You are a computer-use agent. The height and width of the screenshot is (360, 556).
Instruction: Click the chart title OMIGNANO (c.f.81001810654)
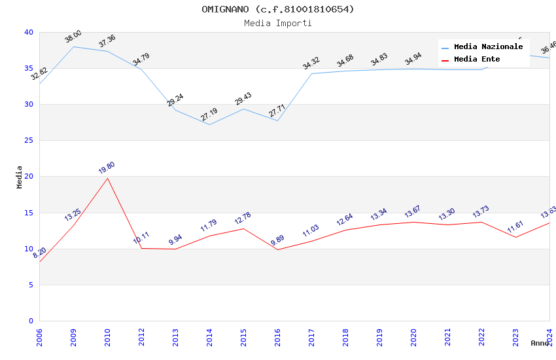[x=278, y=9]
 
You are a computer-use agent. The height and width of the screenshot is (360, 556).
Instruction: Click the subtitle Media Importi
[x=278, y=23]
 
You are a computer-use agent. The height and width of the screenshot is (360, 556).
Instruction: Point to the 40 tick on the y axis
[x=28, y=32]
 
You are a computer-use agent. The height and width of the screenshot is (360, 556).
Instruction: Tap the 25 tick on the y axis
[x=28, y=141]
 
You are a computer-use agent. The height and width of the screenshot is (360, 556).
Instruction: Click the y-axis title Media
[x=20, y=177]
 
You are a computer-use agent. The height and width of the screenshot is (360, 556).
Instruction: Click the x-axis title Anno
[x=540, y=343]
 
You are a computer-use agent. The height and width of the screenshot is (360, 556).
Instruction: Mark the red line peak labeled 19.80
[x=107, y=178]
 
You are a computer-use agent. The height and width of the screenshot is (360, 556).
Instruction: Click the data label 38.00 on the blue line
[x=73, y=37]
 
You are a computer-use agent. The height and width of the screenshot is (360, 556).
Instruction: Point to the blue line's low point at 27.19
[x=209, y=124]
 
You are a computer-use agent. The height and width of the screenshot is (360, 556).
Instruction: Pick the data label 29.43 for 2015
[x=243, y=99]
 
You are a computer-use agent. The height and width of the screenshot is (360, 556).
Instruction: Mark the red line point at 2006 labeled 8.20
[x=40, y=261]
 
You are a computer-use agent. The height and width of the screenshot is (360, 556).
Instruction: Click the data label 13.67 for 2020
[x=413, y=212]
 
